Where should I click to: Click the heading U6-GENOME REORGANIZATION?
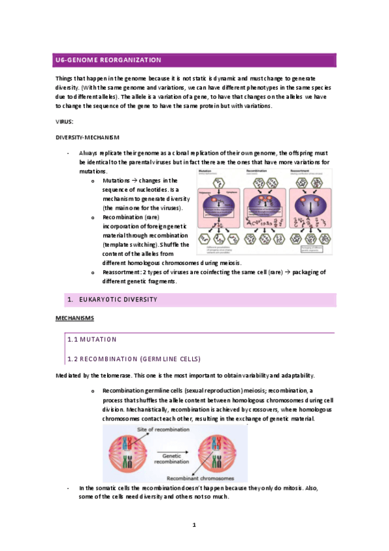108,60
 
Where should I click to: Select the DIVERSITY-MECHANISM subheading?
88,137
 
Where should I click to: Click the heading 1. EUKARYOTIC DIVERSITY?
114,300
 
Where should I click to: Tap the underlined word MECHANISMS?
75,318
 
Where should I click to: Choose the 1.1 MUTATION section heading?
92,339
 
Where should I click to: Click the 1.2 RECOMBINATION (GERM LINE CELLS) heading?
134,359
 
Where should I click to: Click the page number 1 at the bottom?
194,524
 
